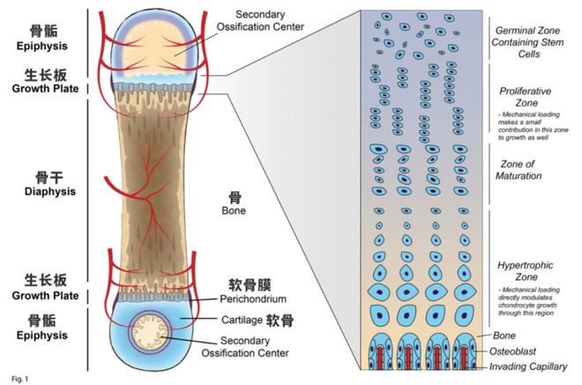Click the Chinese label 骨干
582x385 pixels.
(x=37, y=175)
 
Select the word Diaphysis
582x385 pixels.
(x=37, y=191)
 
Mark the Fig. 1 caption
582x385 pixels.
(x=15, y=379)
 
